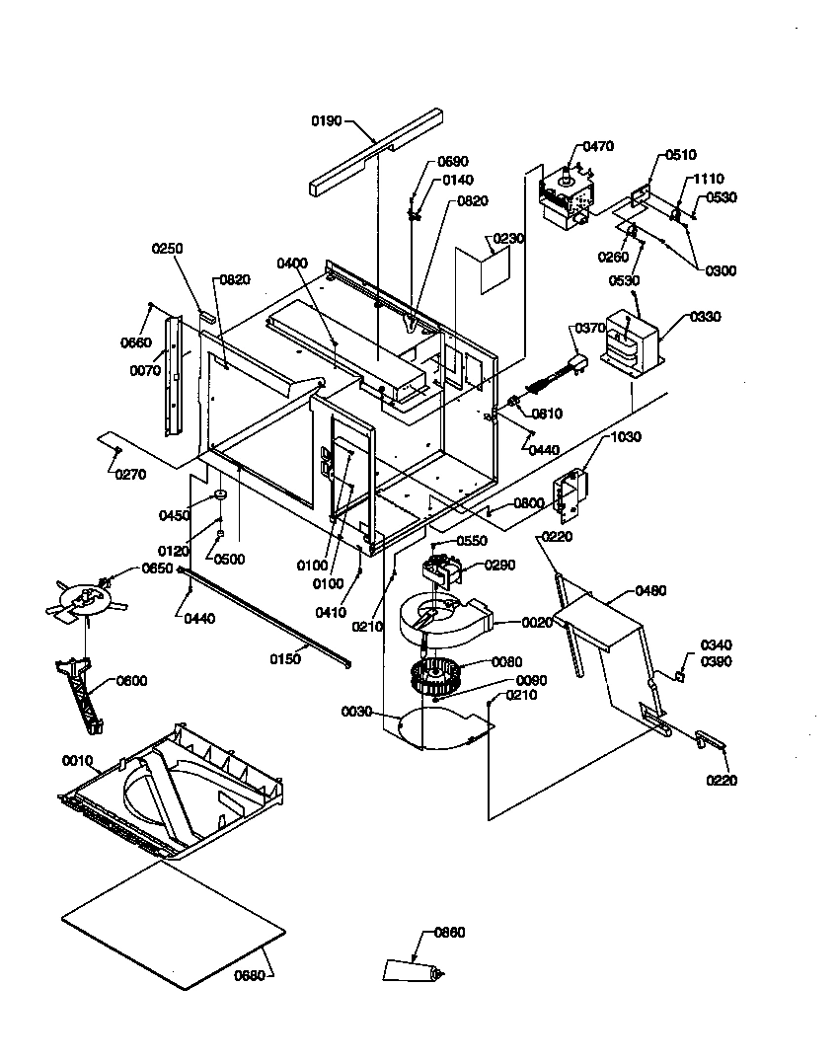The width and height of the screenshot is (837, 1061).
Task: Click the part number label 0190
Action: (x=327, y=120)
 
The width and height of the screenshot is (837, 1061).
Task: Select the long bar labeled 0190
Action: (x=375, y=154)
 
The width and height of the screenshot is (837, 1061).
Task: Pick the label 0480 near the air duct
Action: (x=650, y=591)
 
